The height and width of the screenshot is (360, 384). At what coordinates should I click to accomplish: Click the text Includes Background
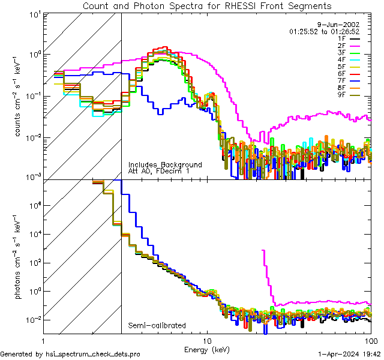[x=165, y=164]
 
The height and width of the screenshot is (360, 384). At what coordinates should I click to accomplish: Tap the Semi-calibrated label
[x=157, y=326]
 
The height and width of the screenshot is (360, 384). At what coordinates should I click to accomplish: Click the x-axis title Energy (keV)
[x=207, y=349]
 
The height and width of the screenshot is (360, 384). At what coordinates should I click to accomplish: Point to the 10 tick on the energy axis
[x=207, y=340]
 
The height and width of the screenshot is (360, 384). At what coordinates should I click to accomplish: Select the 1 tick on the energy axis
[x=46, y=340]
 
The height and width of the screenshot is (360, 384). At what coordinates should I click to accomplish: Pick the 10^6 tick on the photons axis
[x=32, y=205]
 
